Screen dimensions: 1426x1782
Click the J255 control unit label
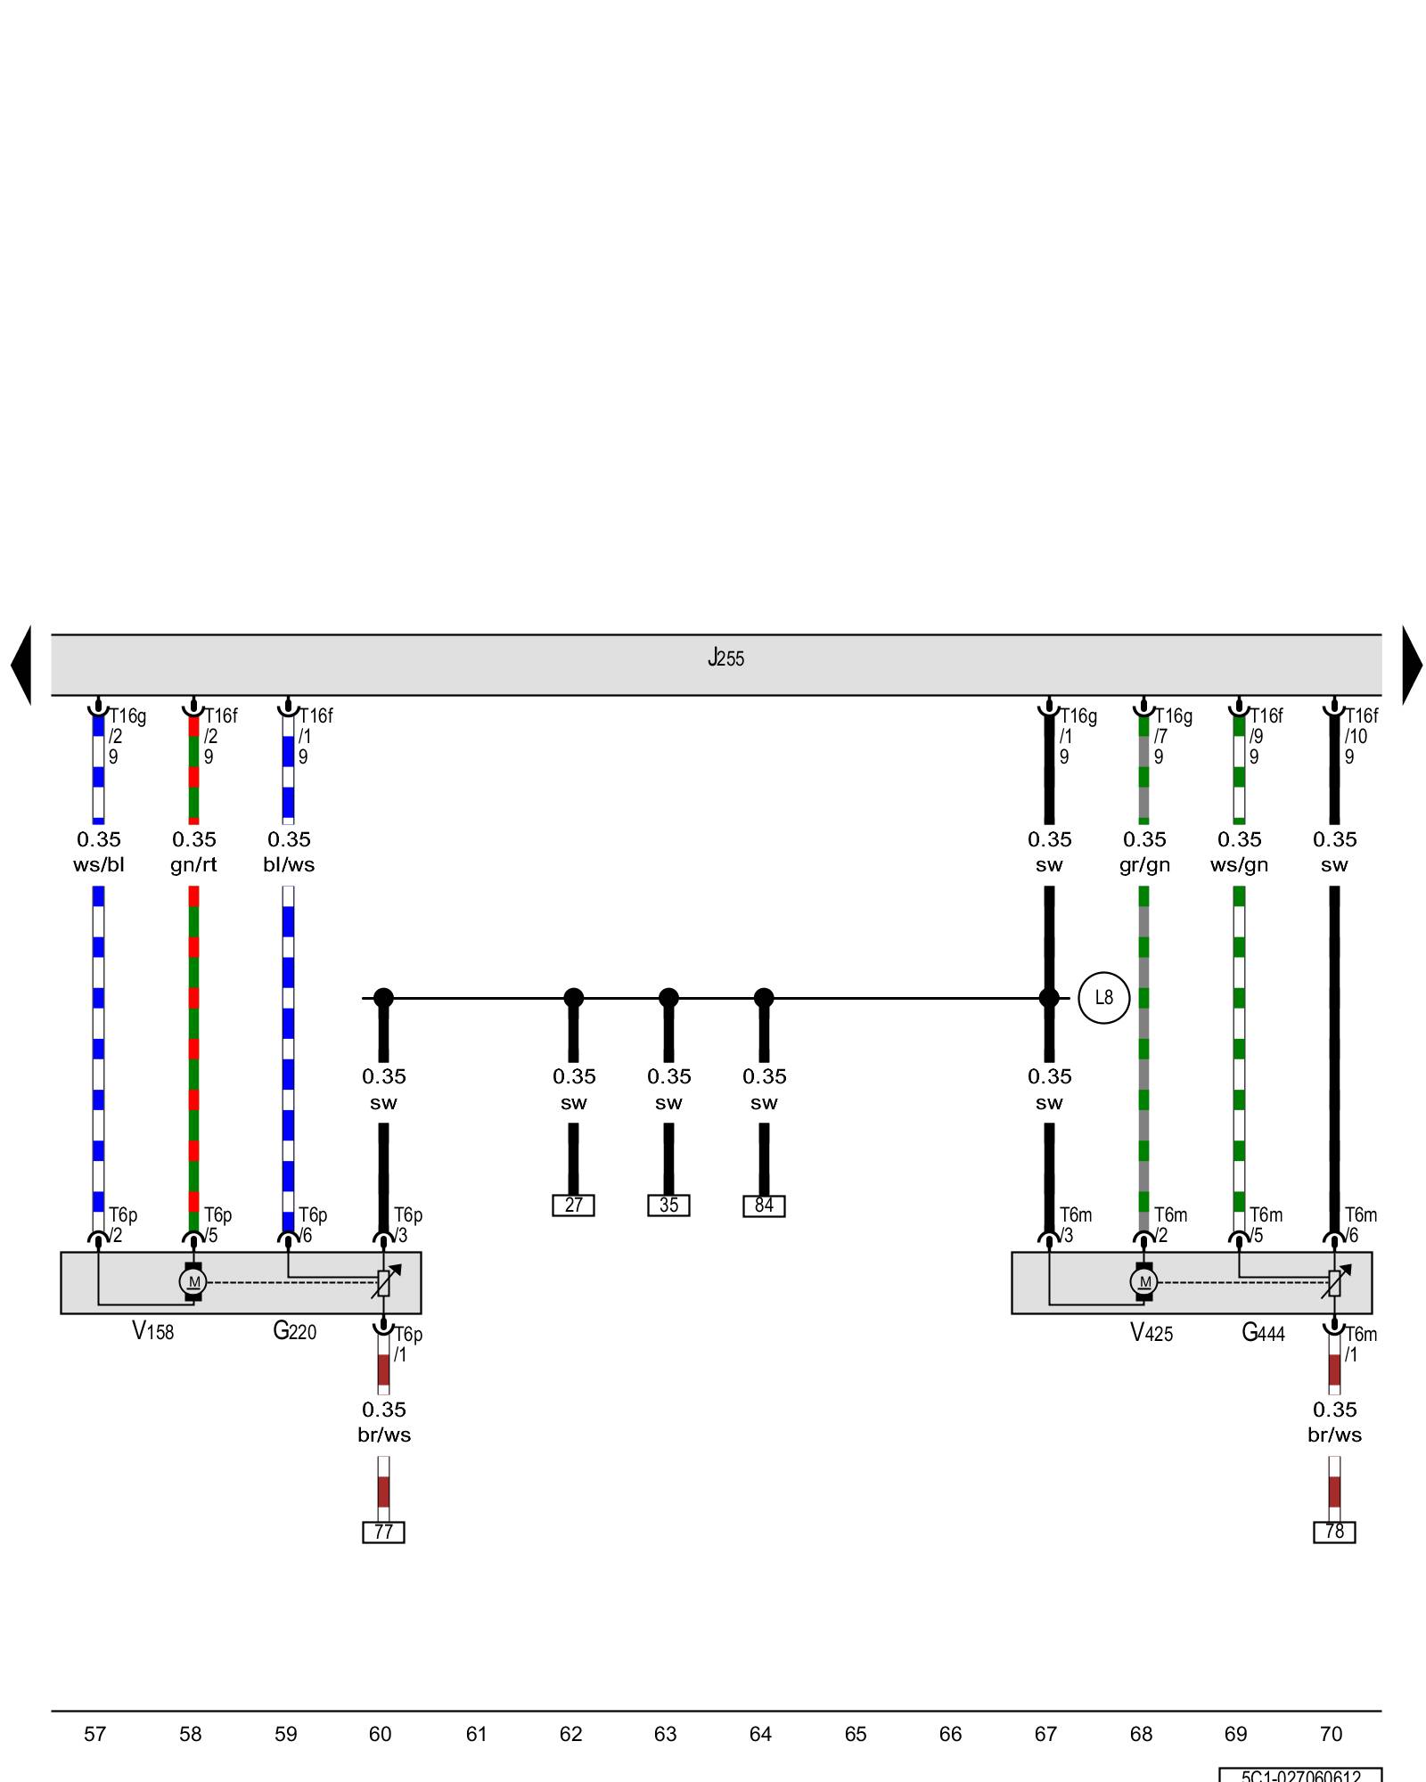click(x=725, y=658)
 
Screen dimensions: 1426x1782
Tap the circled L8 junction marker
click(x=1103, y=998)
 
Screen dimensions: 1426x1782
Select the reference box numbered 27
click(x=573, y=1206)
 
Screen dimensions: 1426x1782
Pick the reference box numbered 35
click(x=668, y=1206)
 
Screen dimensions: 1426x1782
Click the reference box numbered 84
click(x=764, y=1206)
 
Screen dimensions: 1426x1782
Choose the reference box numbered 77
click(x=383, y=1532)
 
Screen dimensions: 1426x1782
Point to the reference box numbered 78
click(x=1334, y=1532)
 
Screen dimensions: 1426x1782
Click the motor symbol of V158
click(x=193, y=1282)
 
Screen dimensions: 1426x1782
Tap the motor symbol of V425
click(x=1144, y=1282)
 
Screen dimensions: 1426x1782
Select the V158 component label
click(x=153, y=1332)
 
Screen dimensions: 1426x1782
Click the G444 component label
click(x=1263, y=1333)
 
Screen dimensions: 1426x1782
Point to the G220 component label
click(x=294, y=1332)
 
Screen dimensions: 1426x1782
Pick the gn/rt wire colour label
click(x=193, y=865)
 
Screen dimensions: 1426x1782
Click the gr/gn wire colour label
click(x=1144, y=865)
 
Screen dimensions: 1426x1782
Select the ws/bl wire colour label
click(x=99, y=865)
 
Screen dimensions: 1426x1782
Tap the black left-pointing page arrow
click(x=22, y=665)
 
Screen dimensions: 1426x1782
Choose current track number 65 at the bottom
click(x=856, y=1734)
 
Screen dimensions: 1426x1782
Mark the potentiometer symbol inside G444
click(x=1334, y=1282)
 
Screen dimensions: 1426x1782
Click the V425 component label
click(x=1151, y=1333)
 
